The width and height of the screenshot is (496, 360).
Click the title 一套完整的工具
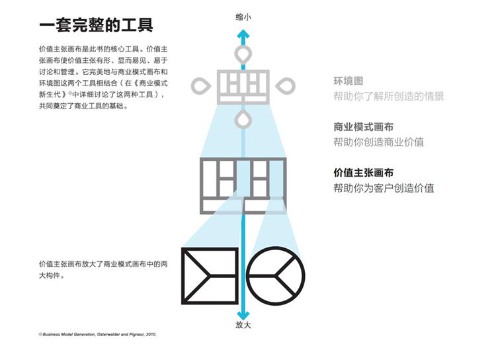[x=97, y=26]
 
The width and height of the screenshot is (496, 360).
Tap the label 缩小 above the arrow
[x=243, y=18]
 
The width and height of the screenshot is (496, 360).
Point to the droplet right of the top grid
[x=288, y=85]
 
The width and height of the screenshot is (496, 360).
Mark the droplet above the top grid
[x=244, y=53]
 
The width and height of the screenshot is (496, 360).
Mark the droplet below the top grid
[x=244, y=118]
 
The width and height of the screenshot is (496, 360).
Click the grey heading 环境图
[x=349, y=81]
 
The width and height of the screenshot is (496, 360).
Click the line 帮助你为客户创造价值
[x=384, y=188]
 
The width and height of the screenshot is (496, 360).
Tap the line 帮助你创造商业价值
[x=378, y=142]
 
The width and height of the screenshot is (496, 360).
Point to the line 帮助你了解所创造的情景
[x=389, y=97]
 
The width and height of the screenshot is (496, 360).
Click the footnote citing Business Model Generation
[x=99, y=335]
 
